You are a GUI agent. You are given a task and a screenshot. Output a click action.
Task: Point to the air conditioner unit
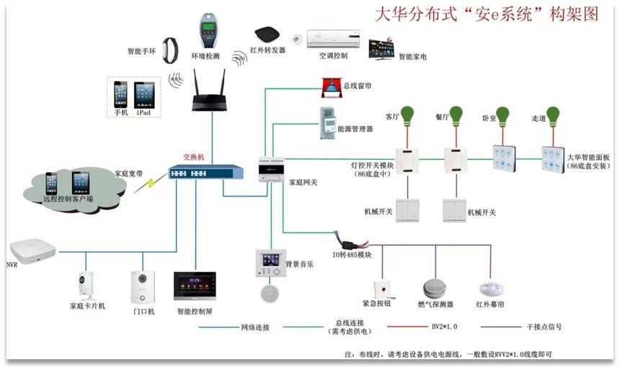coord(333,38)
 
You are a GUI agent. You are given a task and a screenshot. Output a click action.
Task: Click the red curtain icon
coord(331,87)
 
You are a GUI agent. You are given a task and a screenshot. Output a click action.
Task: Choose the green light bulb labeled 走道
coord(553,114)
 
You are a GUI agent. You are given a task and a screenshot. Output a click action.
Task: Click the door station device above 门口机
coord(140,286)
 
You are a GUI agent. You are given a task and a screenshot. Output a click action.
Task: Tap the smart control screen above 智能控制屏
coord(193,286)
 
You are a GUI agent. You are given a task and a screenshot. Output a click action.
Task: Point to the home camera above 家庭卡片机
coord(87,286)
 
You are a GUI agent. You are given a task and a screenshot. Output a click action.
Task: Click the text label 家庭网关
coord(303,183)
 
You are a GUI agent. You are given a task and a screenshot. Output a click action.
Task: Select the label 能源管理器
coord(355,130)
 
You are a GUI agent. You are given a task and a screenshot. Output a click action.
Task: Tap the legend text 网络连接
coord(255,328)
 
